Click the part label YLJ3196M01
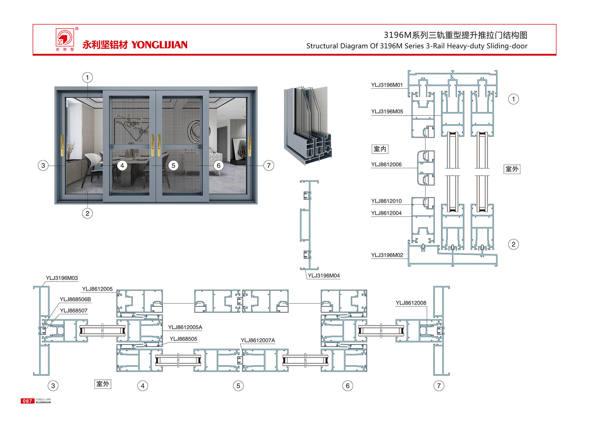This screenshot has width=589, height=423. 387,85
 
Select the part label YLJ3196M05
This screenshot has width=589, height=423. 387,111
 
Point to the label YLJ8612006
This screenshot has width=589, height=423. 386,165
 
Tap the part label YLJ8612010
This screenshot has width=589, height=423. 386,201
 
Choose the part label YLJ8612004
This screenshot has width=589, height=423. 386,213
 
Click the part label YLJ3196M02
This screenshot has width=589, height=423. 387,255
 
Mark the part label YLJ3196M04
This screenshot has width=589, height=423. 324,276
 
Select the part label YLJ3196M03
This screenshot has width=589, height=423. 62,278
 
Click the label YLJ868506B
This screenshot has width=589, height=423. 75,299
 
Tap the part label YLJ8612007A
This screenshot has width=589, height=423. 258,341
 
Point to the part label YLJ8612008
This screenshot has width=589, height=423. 411,303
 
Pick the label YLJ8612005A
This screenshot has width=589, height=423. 185,327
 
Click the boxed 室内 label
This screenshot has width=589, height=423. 380,149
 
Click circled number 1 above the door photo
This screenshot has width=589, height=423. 87,78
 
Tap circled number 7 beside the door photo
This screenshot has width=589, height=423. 269,166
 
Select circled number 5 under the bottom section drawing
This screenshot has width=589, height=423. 238,386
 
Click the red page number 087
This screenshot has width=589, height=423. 27,401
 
